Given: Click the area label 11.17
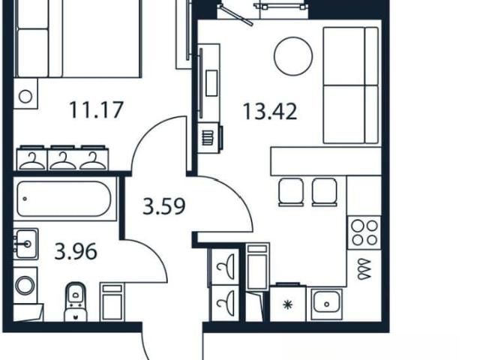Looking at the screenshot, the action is tap(96, 110).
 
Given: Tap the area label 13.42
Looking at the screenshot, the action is tap(270, 112).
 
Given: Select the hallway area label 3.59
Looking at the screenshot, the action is tap(164, 206).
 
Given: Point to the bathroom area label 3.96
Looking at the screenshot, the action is tap(76, 251).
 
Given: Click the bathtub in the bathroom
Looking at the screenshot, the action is tap(64, 199).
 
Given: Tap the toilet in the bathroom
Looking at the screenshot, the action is tap(76, 301).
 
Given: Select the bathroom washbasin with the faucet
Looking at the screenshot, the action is tap(25, 244).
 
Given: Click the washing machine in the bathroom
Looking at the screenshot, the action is tap(25, 285).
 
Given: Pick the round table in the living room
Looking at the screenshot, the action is tap(293, 56).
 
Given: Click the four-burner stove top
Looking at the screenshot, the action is tap(364, 232).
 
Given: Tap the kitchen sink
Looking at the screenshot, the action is tap(326, 303).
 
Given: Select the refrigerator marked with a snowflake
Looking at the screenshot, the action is tap(288, 303).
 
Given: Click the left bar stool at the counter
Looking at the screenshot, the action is tap(291, 192).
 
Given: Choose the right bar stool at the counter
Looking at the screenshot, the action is tap(325, 192).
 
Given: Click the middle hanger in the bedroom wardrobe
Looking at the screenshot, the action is tap(63, 160).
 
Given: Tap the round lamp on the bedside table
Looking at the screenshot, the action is tap(25, 97).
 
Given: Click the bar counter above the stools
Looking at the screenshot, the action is tap(325, 161).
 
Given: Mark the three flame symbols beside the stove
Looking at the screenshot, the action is tap(364, 269).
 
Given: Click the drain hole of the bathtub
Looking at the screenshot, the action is tap(25, 199).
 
